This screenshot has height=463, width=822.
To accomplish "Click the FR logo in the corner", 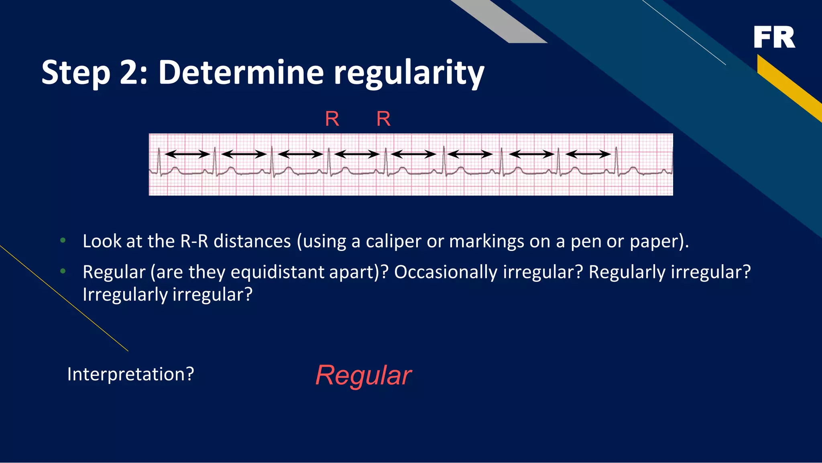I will (x=774, y=37).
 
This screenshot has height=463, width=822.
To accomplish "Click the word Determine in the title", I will (x=240, y=73).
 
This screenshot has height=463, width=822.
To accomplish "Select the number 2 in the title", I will (x=127, y=73).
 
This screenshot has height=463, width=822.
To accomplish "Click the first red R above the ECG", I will (x=332, y=119).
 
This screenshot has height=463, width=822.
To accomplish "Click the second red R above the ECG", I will (x=383, y=119).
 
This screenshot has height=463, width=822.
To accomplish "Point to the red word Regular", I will (x=363, y=375).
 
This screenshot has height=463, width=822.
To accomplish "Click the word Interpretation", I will (x=130, y=374).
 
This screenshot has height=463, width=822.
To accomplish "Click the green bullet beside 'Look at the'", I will (x=63, y=241).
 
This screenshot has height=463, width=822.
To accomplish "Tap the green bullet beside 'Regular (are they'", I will (x=63, y=271).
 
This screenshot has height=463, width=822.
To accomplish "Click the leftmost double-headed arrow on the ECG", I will (x=187, y=154).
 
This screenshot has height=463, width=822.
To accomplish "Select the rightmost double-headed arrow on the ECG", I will (x=588, y=154).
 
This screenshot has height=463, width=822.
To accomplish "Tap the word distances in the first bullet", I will (x=252, y=241).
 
